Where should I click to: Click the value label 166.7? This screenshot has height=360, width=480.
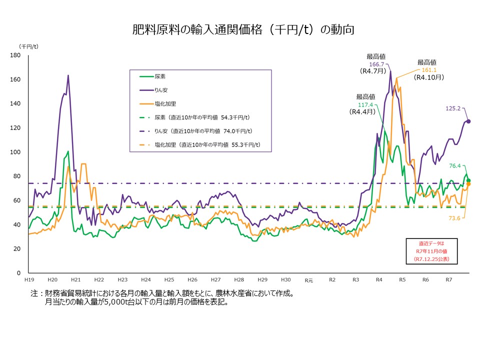click(376, 64)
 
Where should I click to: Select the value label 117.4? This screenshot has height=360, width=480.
click(365, 104)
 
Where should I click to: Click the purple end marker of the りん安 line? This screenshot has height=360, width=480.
click(468, 121)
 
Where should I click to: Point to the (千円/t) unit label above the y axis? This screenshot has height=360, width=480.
click(28, 46)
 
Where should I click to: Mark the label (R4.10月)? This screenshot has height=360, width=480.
click(429, 78)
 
